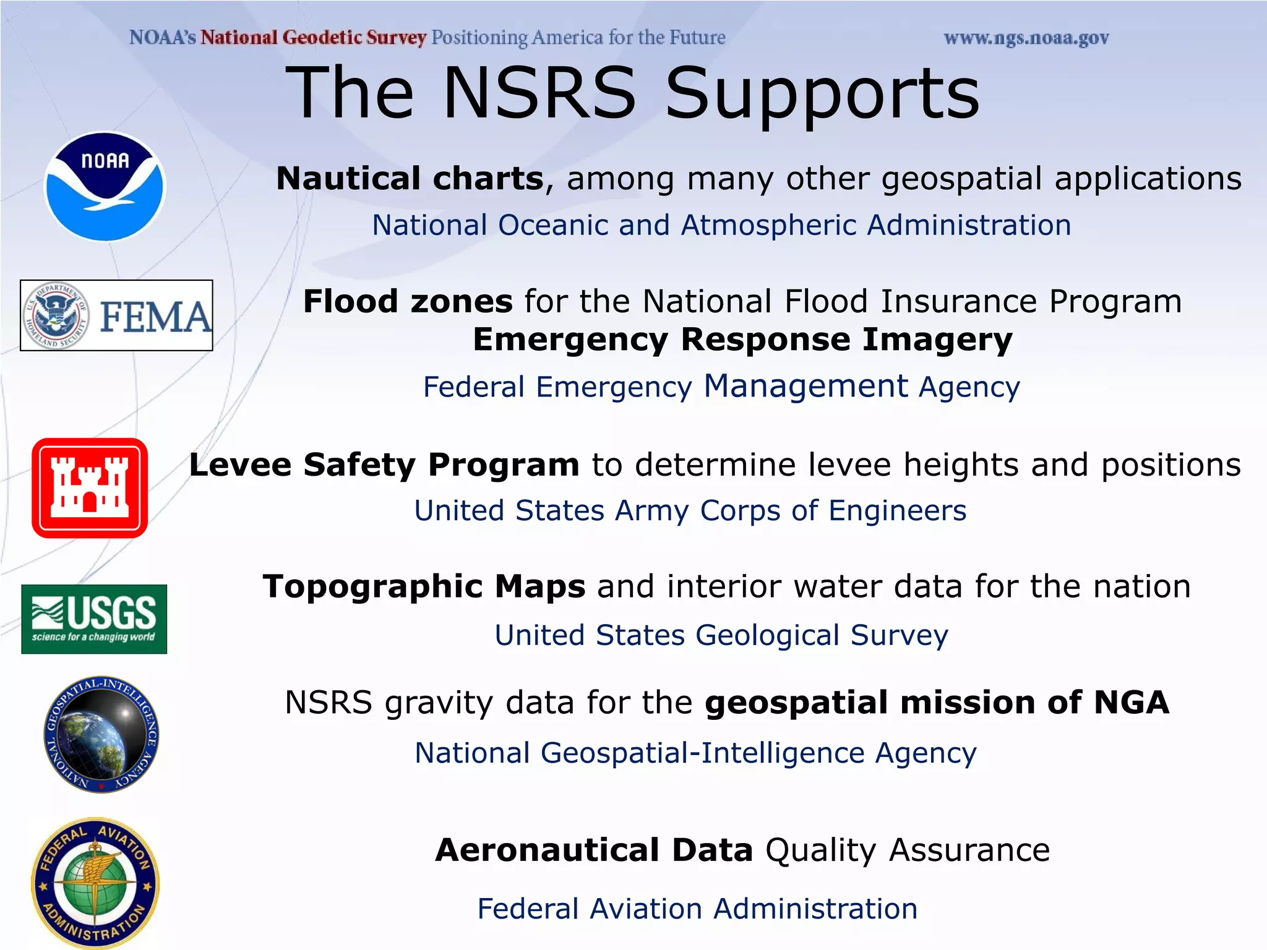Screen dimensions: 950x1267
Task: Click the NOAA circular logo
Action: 105,186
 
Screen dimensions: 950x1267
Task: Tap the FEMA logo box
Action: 116,315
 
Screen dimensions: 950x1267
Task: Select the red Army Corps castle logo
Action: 90,488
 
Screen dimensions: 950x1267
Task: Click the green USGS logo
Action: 94,619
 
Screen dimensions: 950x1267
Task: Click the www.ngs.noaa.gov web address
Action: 1026,38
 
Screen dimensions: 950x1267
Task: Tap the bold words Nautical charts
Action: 410,179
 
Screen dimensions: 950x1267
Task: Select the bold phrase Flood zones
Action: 408,302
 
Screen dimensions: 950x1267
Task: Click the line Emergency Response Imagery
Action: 742,340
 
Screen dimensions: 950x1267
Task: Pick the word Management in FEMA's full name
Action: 805,386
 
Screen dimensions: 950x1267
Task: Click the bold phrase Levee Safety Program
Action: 384,464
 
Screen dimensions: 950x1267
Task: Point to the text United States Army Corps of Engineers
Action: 690,511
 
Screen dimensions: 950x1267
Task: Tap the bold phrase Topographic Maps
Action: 424,586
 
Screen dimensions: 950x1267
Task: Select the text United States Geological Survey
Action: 721,635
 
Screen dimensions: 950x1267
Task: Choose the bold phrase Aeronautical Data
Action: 594,850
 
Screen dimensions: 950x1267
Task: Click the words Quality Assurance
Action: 908,850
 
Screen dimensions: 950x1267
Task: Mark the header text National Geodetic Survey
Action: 313,38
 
